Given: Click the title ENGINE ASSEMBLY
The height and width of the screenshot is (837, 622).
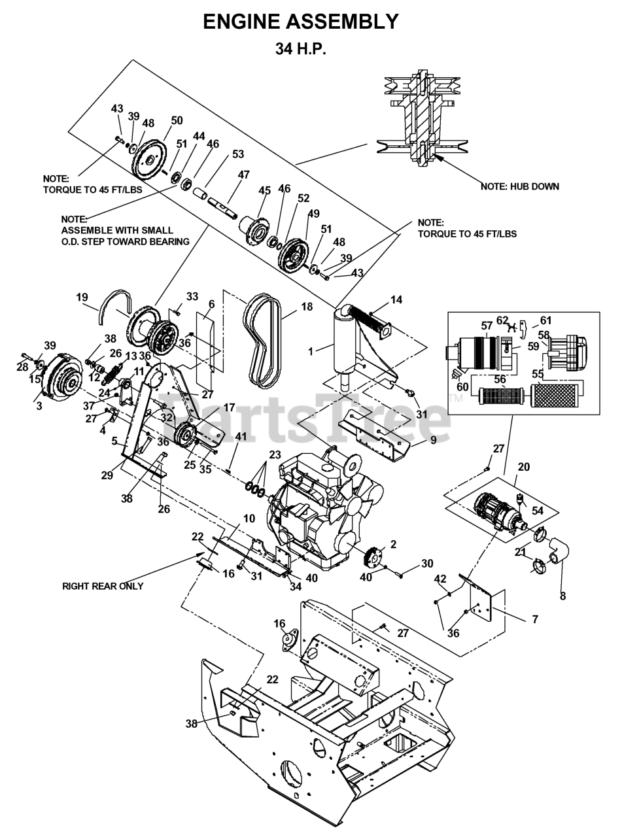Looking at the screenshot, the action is (301, 22).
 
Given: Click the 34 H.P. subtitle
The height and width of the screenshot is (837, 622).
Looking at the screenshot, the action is (300, 48).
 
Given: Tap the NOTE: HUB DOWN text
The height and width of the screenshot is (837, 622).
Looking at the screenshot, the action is (520, 186).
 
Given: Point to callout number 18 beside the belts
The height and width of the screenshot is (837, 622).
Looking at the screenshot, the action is (307, 307).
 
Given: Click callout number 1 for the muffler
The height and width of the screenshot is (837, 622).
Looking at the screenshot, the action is (311, 351).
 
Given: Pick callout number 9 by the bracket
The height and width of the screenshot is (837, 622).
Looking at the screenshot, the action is (433, 439).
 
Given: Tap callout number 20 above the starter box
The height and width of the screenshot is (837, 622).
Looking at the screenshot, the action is (523, 467).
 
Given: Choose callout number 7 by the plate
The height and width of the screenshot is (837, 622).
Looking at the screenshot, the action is (535, 619).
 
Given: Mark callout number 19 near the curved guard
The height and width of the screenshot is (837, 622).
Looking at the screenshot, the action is (82, 297).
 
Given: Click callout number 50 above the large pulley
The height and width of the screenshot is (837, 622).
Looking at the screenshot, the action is (177, 120).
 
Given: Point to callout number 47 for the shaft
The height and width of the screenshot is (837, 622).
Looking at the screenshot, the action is (243, 175).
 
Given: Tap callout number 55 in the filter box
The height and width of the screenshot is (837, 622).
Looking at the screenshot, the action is (538, 374).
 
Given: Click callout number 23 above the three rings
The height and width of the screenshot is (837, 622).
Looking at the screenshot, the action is (275, 454).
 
